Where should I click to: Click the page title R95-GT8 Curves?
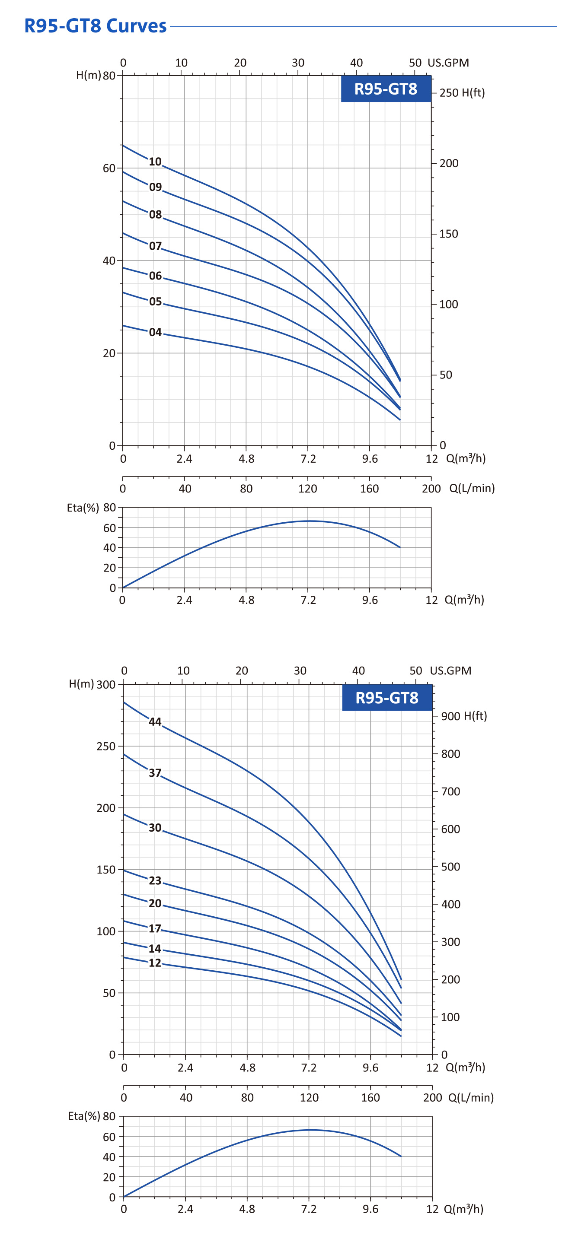(x=96, y=26)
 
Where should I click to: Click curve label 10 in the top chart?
(x=155, y=162)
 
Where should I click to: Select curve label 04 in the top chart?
(x=155, y=332)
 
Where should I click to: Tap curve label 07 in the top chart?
(x=155, y=246)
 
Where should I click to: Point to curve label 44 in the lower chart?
(x=155, y=721)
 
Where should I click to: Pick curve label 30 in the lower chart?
(x=155, y=828)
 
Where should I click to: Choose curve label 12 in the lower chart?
(x=155, y=963)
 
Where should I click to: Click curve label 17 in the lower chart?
(x=155, y=928)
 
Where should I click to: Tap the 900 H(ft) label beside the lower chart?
(x=463, y=716)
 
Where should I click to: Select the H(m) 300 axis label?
(x=92, y=684)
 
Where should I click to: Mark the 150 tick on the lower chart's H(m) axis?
(x=106, y=870)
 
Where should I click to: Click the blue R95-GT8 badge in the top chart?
(x=386, y=89)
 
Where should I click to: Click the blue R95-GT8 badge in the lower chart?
(x=387, y=698)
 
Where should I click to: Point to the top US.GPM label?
(x=448, y=63)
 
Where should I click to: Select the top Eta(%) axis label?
(x=83, y=508)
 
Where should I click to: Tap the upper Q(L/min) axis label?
(x=472, y=488)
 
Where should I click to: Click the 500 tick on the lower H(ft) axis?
(x=450, y=867)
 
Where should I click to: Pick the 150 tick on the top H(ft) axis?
(x=448, y=234)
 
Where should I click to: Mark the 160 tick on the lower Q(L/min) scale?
(x=370, y=1097)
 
